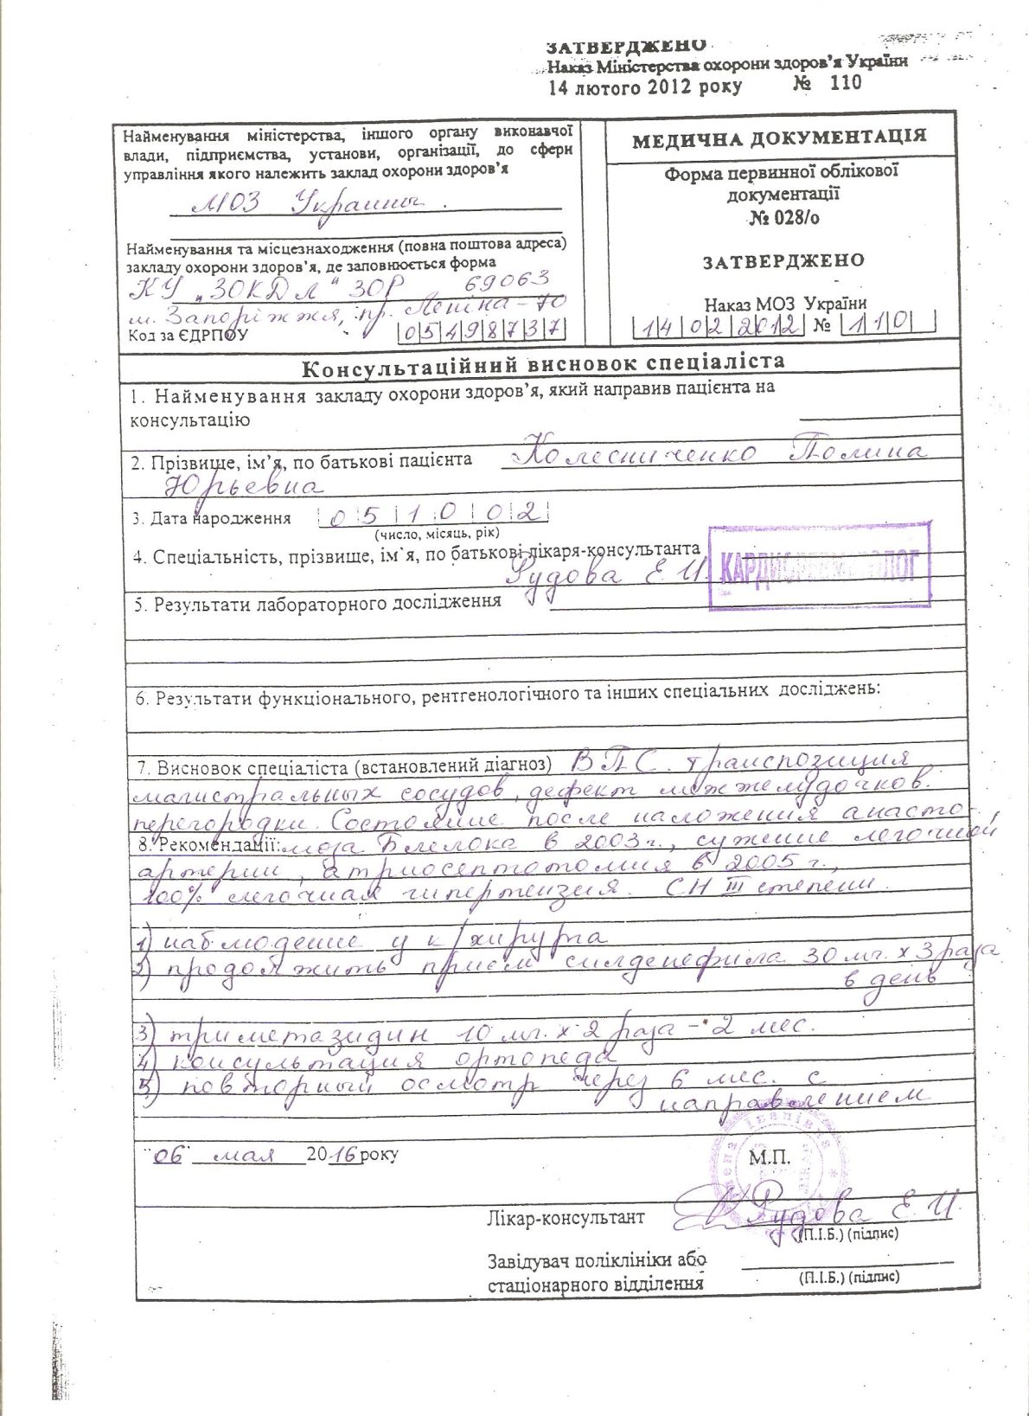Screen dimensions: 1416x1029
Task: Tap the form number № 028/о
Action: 784,218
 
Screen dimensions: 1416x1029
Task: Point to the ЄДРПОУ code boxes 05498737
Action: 481,330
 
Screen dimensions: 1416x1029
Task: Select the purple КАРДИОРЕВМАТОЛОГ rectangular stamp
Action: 819,566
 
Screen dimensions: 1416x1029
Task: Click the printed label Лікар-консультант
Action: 566,1218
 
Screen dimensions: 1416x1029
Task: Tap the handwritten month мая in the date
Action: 245,1155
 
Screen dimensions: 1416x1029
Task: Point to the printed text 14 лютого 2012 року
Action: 645,86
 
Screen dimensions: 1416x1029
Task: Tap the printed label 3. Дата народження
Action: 211,519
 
